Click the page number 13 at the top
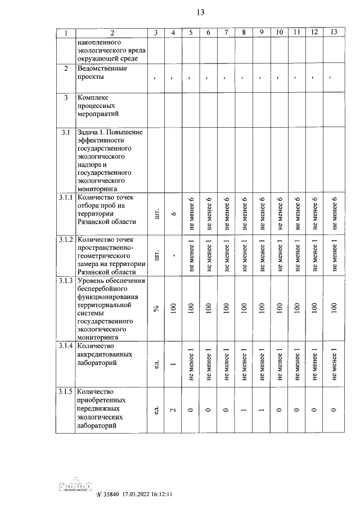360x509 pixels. pyautogui.click(x=200, y=13)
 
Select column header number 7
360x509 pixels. pyautogui.click(x=226, y=32)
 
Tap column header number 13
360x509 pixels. pyautogui.click(x=334, y=32)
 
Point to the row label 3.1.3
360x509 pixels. pyautogui.click(x=65, y=280)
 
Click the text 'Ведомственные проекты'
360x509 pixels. pyautogui.click(x=101, y=73)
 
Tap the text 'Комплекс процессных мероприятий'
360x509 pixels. pyautogui.click(x=101, y=105)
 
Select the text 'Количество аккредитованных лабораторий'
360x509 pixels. pyautogui.click(x=105, y=354)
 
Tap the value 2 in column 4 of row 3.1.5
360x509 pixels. pyautogui.click(x=174, y=409)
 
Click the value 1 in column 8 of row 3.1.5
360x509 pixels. pyautogui.click(x=244, y=409)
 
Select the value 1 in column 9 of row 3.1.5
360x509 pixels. pyautogui.click(x=262, y=409)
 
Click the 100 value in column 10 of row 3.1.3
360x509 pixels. pyautogui.click(x=279, y=308)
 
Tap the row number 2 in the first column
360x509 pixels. pyautogui.click(x=65, y=69)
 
